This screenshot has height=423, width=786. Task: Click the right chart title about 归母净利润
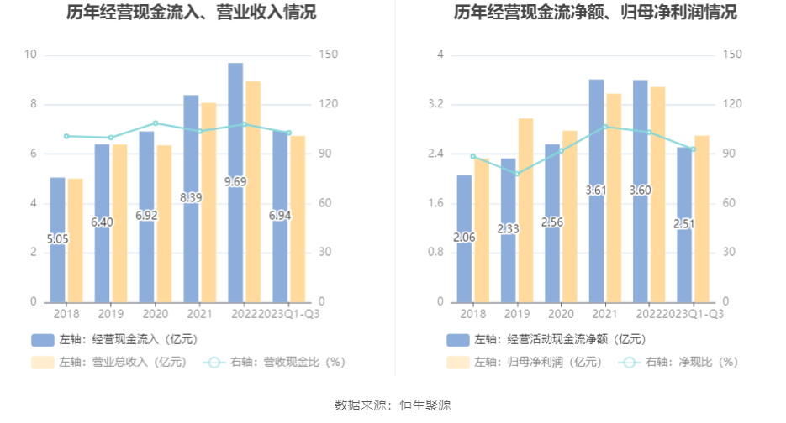(x=595, y=13)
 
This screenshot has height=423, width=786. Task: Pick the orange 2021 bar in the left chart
(x=208, y=201)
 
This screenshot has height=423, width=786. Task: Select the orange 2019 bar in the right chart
(x=525, y=210)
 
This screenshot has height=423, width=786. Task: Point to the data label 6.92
(x=146, y=216)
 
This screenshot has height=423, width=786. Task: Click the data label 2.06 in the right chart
(x=464, y=238)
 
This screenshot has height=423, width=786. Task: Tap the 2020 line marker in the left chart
(x=156, y=123)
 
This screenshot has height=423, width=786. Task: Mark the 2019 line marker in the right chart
(x=517, y=174)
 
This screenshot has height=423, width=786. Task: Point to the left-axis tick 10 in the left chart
(x=32, y=55)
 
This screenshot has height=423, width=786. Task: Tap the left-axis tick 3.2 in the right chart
(x=436, y=105)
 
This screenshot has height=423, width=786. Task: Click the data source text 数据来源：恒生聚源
(x=393, y=405)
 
